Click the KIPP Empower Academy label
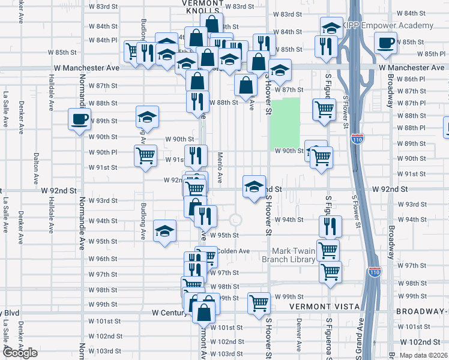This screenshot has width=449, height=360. [x=388, y=25]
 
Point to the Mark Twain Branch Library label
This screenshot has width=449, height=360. [x=293, y=255]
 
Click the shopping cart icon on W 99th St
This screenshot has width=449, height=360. [x=259, y=303]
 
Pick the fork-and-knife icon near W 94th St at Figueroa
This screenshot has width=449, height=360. [x=330, y=226]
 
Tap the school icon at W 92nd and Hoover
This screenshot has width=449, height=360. [x=255, y=186]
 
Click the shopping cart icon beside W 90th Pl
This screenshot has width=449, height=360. [x=145, y=156]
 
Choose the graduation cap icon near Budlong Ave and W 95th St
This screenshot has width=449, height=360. [x=164, y=231]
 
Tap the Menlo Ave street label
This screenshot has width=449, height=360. [x=220, y=170]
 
